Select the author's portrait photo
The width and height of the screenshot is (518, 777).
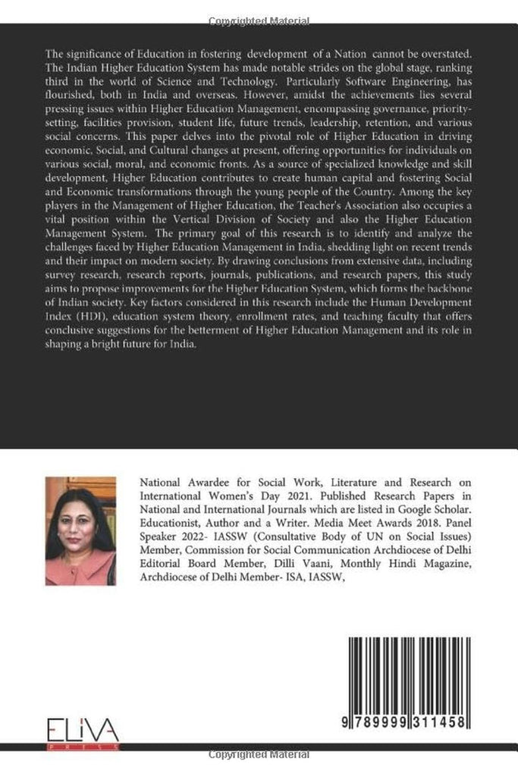(x=80, y=530)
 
